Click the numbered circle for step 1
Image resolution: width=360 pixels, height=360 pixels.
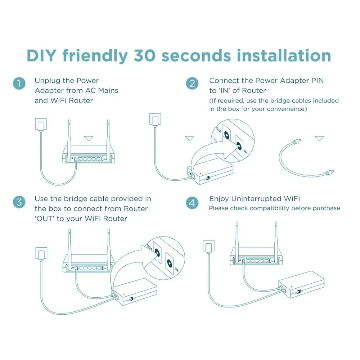click(x=19, y=84)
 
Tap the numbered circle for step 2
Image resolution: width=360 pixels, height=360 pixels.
click(x=192, y=84)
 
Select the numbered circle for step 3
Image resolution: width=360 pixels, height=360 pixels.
click(x=19, y=202)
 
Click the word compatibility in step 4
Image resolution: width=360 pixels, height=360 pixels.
click(x=260, y=208)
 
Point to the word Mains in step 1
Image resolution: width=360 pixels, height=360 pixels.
click(x=108, y=90)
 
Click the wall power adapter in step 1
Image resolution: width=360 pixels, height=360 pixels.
click(x=41, y=125)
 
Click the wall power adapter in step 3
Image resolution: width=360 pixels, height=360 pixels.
click(x=41, y=254)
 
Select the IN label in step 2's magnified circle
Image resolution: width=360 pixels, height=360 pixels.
click(x=246, y=152)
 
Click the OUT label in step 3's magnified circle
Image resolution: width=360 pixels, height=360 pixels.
click(x=149, y=248)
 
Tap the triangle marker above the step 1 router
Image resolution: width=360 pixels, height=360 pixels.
click(x=89, y=139)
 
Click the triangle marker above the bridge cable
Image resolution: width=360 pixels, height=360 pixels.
click(x=319, y=138)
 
